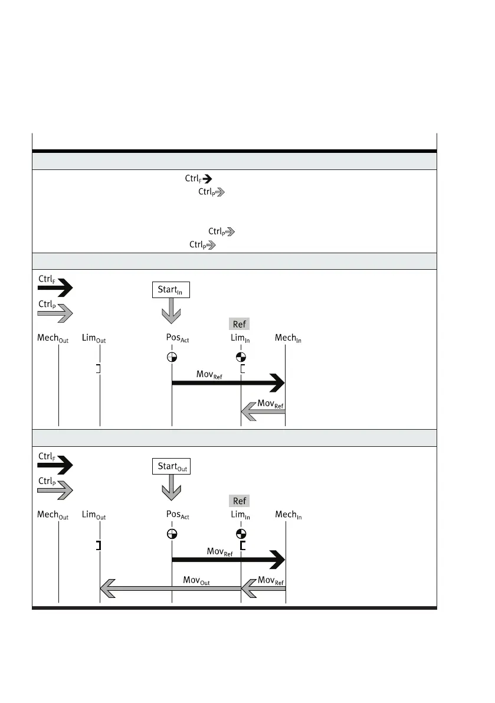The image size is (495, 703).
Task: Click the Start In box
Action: [171, 289]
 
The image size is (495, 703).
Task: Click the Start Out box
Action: [172, 466]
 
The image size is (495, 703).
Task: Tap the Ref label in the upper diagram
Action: [240, 323]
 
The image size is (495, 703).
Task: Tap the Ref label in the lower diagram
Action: [240, 501]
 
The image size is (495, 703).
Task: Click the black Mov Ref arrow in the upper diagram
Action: [228, 383]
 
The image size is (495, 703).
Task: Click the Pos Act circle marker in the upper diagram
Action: [172, 357]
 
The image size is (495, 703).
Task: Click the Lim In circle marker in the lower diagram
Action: [241, 534]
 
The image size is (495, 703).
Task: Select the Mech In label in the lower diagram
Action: [289, 515]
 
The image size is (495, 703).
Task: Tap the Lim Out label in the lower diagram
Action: [94, 515]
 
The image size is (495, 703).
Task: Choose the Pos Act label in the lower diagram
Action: [178, 515]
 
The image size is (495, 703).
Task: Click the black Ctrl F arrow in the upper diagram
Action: [55, 289]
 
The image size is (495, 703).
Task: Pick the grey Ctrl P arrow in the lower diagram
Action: [55, 489]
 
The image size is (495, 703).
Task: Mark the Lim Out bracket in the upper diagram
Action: [99, 369]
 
